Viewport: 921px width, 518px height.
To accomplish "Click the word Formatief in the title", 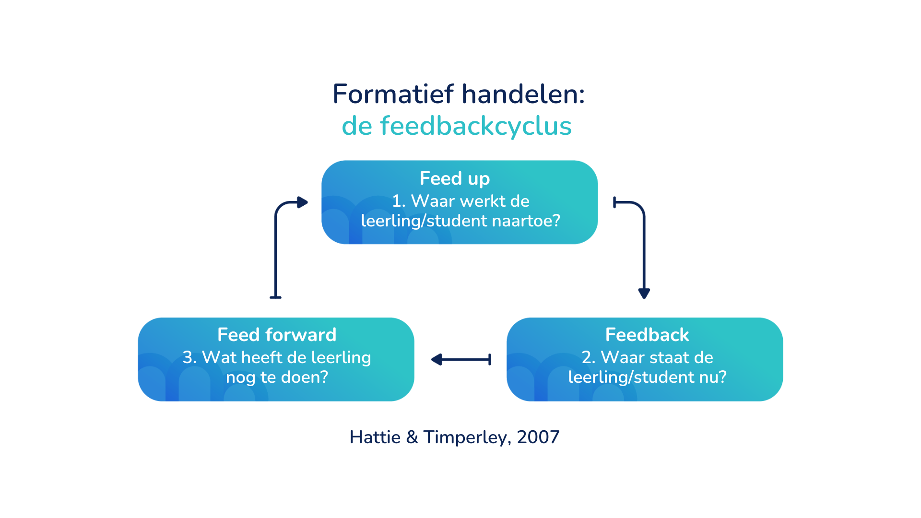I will click(x=393, y=94).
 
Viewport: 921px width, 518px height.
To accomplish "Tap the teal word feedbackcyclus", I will click(x=475, y=126).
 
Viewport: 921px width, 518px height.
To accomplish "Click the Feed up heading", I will click(x=454, y=178).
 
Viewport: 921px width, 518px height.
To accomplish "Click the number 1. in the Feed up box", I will click(x=399, y=201).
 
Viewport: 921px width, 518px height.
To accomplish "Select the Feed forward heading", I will click(x=277, y=335).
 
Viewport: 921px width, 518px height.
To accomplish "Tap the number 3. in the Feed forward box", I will click(x=189, y=357).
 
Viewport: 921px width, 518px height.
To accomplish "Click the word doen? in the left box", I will click(x=304, y=377).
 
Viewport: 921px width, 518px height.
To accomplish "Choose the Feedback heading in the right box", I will click(x=647, y=335).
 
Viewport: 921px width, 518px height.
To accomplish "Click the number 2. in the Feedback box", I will click(x=588, y=357).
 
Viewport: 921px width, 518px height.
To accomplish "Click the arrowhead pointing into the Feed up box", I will click(x=302, y=202).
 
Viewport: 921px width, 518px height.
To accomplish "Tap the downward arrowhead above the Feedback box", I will click(x=644, y=293).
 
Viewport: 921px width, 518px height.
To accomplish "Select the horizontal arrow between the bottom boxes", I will click(x=461, y=359).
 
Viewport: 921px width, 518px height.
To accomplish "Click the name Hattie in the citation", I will click(x=375, y=437).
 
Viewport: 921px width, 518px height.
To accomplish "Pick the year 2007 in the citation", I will click(x=538, y=437).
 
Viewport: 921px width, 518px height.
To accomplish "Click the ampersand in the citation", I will click(x=412, y=437).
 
